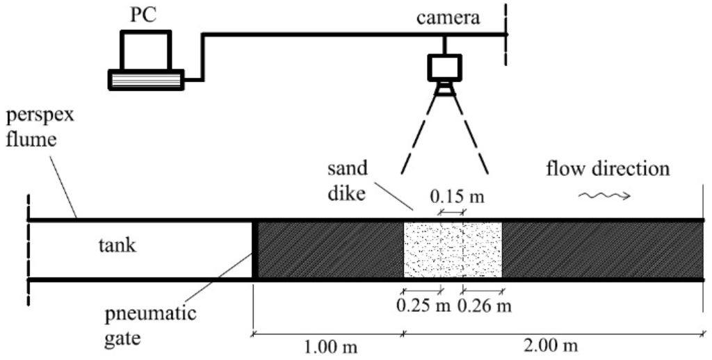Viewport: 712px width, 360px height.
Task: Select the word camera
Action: click(x=448, y=18)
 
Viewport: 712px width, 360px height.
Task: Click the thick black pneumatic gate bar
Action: click(x=255, y=250)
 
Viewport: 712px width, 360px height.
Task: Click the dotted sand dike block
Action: click(x=452, y=250)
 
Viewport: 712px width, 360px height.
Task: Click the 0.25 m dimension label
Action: click(x=419, y=304)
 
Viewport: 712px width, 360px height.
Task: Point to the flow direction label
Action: click(x=607, y=168)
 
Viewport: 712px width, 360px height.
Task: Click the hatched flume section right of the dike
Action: click(x=601, y=250)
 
